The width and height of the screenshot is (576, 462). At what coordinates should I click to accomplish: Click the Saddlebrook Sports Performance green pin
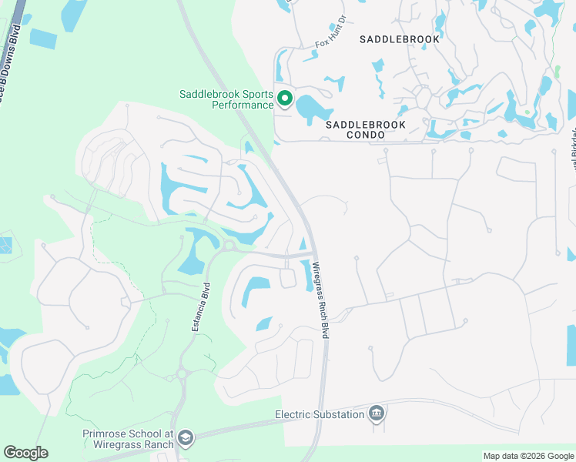[x=284, y=98]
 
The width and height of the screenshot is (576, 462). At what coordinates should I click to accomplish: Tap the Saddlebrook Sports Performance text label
[x=226, y=99]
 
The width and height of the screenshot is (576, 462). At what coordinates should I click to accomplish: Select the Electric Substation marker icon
[x=377, y=413]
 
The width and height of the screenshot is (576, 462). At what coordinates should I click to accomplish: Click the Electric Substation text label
[x=320, y=414]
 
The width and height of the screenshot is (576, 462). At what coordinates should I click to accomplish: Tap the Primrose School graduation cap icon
[x=185, y=439]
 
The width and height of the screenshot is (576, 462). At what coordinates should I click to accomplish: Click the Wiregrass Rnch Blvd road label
[x=324, y=301]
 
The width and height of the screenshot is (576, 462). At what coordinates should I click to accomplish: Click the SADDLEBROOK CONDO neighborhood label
[x=365, y=129]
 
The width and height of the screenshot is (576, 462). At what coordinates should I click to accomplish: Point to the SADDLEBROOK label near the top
[x=399, y=38]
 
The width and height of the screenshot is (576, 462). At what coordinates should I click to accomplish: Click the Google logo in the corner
[x=25, y=453]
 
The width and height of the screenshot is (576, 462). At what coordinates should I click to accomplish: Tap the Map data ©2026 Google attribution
[x=527, y=456]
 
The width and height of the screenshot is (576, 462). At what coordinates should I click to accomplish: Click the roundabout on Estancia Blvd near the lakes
[x=229, y=246]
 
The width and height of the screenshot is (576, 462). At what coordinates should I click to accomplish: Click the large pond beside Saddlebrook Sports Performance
[x=312, y=107]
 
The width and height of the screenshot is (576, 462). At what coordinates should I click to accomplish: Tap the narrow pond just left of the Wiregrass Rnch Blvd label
[x=307, y=274]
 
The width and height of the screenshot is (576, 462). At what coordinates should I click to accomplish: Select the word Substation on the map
[x=339, y=414]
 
